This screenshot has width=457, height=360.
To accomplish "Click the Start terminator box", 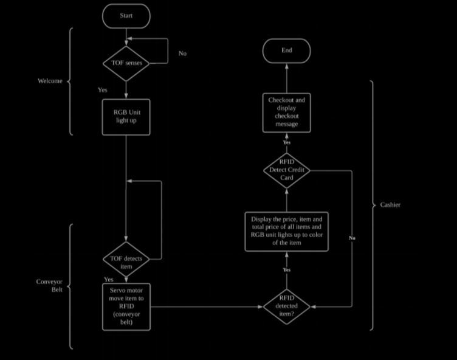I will pos(126,16).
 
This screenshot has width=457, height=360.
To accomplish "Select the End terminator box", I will pos(286,50).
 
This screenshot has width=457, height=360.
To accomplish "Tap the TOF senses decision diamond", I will pos(126,63).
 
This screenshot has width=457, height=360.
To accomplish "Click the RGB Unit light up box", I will pos(126,116).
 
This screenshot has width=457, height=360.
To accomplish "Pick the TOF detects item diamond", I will pos(126,262).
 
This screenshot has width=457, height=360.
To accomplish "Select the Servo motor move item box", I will pos(126,306).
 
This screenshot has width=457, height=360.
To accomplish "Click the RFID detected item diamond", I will pos(286,306).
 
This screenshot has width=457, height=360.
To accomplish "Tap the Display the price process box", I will pos(286,230).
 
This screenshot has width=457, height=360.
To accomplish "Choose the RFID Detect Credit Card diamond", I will pos(286,171).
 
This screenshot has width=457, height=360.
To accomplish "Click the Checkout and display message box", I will pos(286,112).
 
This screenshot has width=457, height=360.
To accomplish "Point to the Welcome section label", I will pos(50,81).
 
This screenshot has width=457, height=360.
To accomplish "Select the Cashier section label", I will pos(390,205).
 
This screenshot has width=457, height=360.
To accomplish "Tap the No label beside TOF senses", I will pos(182,54).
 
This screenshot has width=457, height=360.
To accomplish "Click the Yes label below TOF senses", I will pos(103,90).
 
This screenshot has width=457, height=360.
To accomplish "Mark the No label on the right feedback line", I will pos(352,238).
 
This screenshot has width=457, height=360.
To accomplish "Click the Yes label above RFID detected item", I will pos(287,269).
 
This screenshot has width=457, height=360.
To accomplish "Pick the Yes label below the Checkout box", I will pos(287,142).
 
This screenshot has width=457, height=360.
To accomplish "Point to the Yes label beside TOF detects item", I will pos(109,280).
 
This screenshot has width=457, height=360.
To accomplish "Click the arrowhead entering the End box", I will pos(286,65).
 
